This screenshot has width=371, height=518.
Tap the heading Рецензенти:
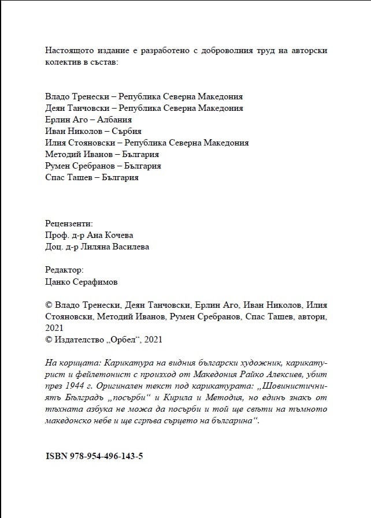68,223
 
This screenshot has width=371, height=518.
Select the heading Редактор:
64,270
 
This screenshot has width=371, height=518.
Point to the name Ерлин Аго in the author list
65,120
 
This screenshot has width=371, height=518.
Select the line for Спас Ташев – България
91,177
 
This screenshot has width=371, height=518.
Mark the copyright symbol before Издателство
49,340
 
